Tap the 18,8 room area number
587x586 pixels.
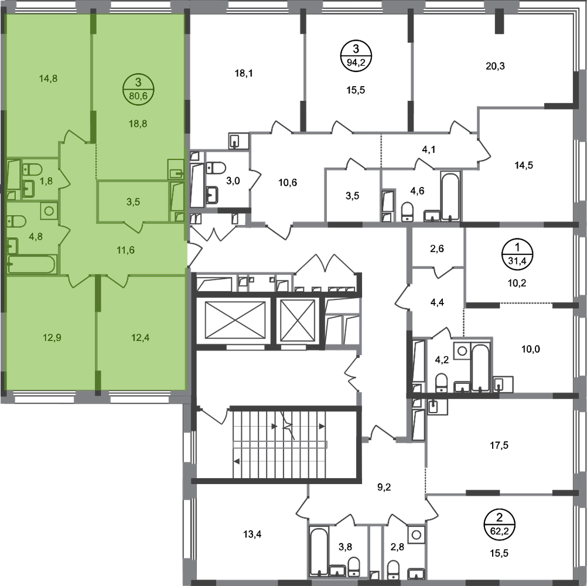(139, 124)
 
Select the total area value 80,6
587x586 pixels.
(139, 96)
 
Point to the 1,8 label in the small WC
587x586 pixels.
(46, 180)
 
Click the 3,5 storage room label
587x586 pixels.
(134, 202)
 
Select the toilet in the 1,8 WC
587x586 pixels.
(31, 170)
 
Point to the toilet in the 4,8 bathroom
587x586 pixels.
(16, 222)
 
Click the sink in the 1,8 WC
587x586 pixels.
(28, 189)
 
